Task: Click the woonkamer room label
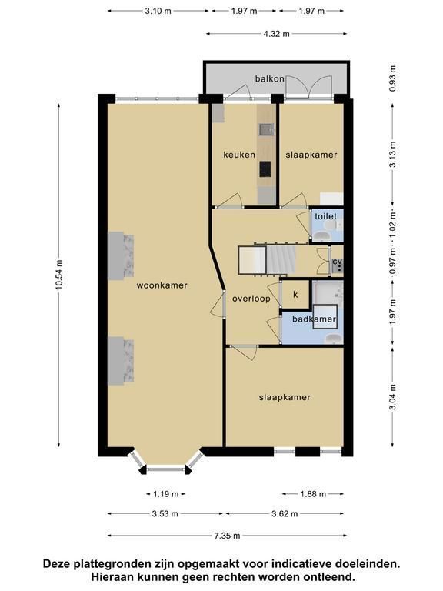tap(162, 285)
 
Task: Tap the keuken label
tap(239, 155)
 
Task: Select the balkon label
tap(269, 78)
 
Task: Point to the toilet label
tap(326, 216)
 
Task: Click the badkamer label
tap(314, 319)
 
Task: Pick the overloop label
tap(251, 299)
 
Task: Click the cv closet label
tap(337, 262)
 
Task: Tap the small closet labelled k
tap(295, 295)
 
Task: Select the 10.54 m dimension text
tap(58, 275)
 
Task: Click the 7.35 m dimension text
tap(227, 536)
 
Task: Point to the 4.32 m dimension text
tap(277, 34)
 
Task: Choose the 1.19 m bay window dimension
tap(166, 494)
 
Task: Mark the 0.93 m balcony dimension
tap(393, 78)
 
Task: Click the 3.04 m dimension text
tap(393, 397)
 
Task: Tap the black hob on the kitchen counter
tap(265, 169)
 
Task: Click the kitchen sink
tap(266, 129)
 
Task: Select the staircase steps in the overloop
tap(281, 259)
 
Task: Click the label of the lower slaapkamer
tap(285, 397)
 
